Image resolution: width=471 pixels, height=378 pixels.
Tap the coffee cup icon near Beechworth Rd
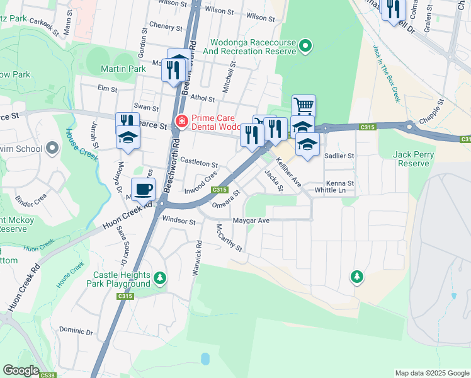[x=143, y=188]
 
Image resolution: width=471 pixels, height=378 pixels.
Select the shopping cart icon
[x=304, y=105]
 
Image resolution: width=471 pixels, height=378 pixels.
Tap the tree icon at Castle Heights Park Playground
[x=161, y=277]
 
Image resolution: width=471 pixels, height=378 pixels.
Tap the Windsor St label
[x=179, y=220]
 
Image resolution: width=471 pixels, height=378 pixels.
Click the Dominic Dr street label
[x=76, y=330]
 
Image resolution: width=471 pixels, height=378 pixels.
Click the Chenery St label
[x=166, y=26]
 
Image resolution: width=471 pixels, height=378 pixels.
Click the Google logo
[x=21, y=370]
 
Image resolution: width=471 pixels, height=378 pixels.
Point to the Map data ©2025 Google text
[x=431, y=373]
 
